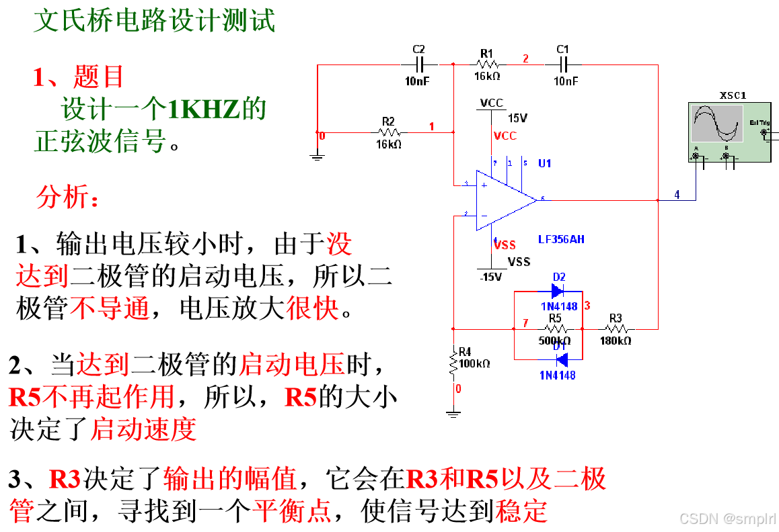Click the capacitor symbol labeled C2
click(420, 64)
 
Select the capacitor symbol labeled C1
click(564, 64)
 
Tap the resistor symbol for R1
click(486, 64)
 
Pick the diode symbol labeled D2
click(558, 291)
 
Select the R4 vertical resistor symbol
click(454, 363)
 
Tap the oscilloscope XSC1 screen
click(718, 123)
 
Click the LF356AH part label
click(561, 239)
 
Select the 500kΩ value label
click(555, 341)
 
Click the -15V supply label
click(492, 277)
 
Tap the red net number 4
click(677, 195)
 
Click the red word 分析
click(67, 197)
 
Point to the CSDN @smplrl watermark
click(727, 518)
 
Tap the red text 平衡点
click(291, 511)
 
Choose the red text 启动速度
click(143, 429)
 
